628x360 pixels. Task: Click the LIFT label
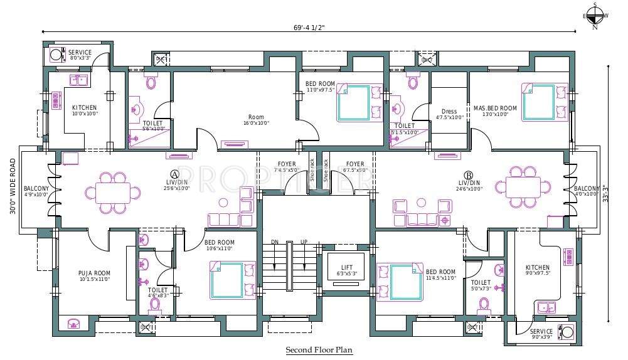click(347, 267)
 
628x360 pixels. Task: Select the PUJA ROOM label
click(95, 273)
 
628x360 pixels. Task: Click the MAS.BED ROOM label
click(495, 109)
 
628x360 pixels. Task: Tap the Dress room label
click(449, 112)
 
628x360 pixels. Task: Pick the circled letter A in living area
click(175, 174)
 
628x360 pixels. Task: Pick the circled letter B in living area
click(468, 174)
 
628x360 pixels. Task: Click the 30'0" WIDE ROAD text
click(13, 186)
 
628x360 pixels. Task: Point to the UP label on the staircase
click(304, 242)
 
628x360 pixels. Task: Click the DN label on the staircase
click(274, 242)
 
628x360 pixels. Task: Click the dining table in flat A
click(114, 191)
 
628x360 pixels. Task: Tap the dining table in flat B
click(523, 186)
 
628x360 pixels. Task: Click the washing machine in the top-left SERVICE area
click(56, 55)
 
